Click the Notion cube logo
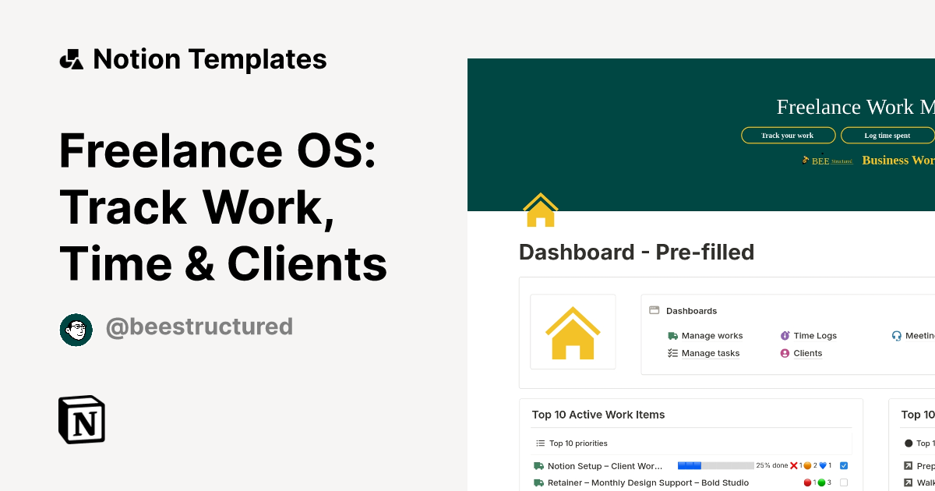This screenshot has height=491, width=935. (82, 419)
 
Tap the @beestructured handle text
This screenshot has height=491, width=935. (199, 327)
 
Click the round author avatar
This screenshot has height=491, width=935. (76, 330)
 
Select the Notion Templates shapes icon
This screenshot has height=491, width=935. (72, 59)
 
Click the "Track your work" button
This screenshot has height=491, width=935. (788, 136)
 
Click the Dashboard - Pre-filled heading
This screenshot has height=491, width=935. (637, 253)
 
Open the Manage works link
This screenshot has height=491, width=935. (711, 336)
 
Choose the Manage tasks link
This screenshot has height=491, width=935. (710, 353)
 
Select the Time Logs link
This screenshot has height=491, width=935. (814, 336)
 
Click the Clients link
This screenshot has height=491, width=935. (807, 353)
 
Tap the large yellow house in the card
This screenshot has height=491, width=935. (573, 333)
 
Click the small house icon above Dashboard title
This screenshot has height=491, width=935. (540, 210)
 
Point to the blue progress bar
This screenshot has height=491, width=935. (690, 465)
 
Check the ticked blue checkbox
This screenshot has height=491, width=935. (844, 465)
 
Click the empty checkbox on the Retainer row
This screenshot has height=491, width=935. (844, 482)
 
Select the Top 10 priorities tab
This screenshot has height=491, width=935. (577, 443)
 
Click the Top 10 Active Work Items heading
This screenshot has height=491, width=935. (598, 415)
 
